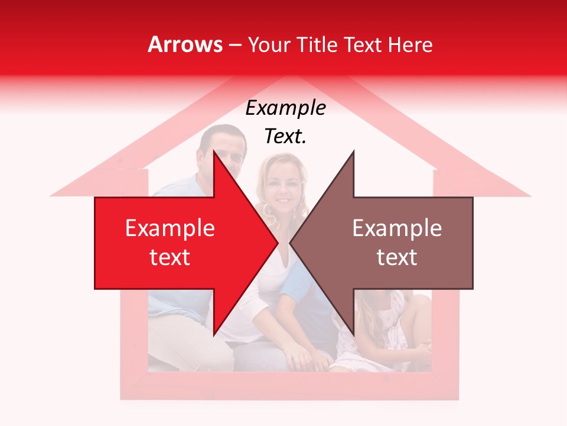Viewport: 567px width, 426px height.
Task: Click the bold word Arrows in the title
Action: pos(185,44)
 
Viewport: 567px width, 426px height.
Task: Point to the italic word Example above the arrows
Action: pos(285,108)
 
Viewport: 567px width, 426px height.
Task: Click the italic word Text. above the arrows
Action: pos(285,136)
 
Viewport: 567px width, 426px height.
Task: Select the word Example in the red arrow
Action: pos(170,228)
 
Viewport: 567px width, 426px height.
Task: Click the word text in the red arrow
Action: pos(170,257)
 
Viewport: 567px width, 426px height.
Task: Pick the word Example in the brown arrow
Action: pos(397,228)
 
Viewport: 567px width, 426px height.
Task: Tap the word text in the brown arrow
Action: pos(397,257)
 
